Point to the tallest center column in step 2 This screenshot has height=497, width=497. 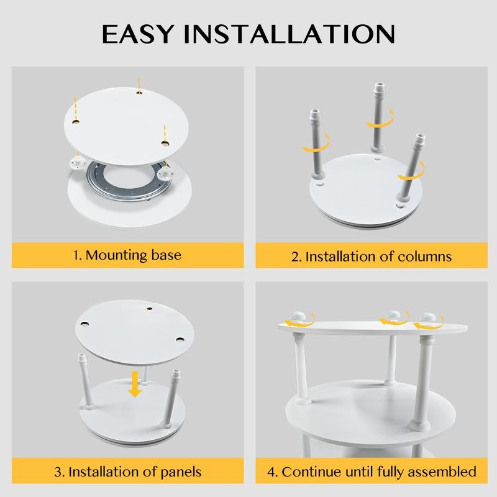(378, 118)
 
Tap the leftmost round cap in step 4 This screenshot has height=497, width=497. (299, 318)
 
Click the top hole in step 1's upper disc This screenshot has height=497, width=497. (140, 92)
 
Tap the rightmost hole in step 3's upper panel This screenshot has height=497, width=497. (180, 340)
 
